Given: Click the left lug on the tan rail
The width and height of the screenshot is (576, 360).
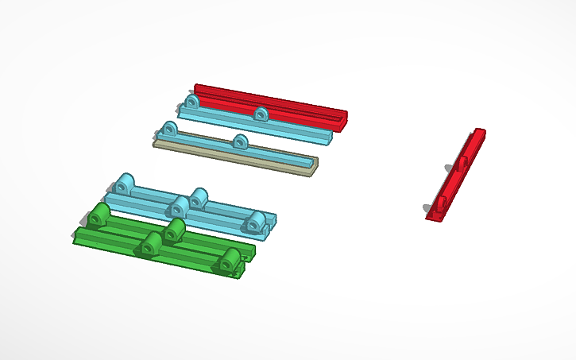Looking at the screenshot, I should (168, 130).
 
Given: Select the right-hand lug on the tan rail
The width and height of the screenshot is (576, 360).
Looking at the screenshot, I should (240, 143).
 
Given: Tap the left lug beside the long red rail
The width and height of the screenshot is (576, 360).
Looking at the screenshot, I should (191, 103).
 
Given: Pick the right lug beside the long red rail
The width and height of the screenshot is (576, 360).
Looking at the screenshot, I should (261, 114).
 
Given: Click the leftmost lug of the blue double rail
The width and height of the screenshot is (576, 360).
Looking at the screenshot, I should (124, 184).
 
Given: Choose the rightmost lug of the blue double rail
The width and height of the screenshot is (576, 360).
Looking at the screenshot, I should (255, 223).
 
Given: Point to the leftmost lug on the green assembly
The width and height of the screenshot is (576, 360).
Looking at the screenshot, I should (100, 215).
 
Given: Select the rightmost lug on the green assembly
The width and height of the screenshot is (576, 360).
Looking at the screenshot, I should (230, 260).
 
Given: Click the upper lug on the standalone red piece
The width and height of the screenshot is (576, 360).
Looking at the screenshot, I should (462, 164).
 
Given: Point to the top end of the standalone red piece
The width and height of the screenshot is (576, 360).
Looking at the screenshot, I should (479, 132).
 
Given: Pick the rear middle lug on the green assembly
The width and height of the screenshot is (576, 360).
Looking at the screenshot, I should (174, 230).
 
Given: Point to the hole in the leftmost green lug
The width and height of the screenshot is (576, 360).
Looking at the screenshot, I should (99, 217).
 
